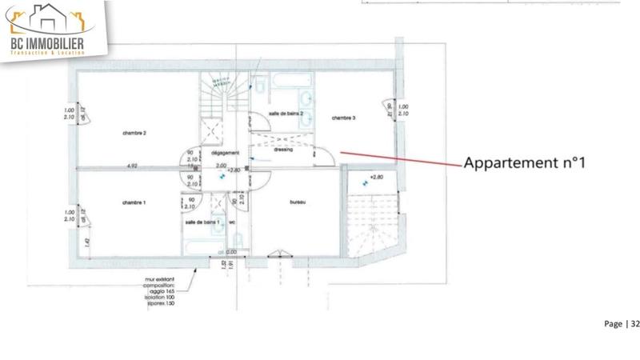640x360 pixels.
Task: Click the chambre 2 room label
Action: (x=134, y=133)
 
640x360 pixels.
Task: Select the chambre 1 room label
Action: (x=134, y=202)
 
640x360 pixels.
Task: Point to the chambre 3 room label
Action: (x=343, y=118)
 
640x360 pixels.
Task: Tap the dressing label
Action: (x=282, y=150)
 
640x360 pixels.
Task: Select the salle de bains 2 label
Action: (x=286, y=114)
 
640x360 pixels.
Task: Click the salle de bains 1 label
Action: (x=201, y=222)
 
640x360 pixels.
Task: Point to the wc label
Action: (x=233, y=222)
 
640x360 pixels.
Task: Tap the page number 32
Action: (x=635, y=324)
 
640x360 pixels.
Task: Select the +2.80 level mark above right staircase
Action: (x=377, y=176)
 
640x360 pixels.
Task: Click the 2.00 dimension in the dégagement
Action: (x=222, y=166)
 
